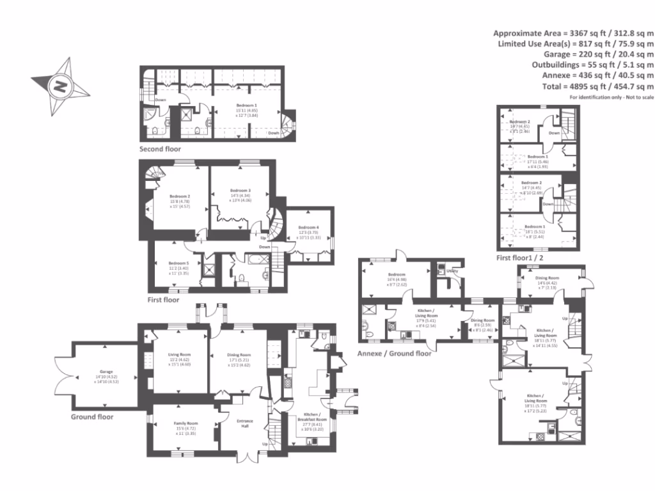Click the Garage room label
(106, 371)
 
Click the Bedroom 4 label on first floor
(308, 228)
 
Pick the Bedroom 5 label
(178, 263)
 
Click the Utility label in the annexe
(452, 271)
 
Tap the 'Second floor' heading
(161, 149)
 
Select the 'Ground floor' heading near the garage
(92, 416)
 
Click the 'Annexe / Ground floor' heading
(394, 352)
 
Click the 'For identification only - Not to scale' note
(612, 97)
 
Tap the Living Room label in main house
(180, 354)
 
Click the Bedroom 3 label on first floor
(240, 191)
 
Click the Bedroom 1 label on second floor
(246, 105)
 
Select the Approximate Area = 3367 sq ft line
(573, 33)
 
